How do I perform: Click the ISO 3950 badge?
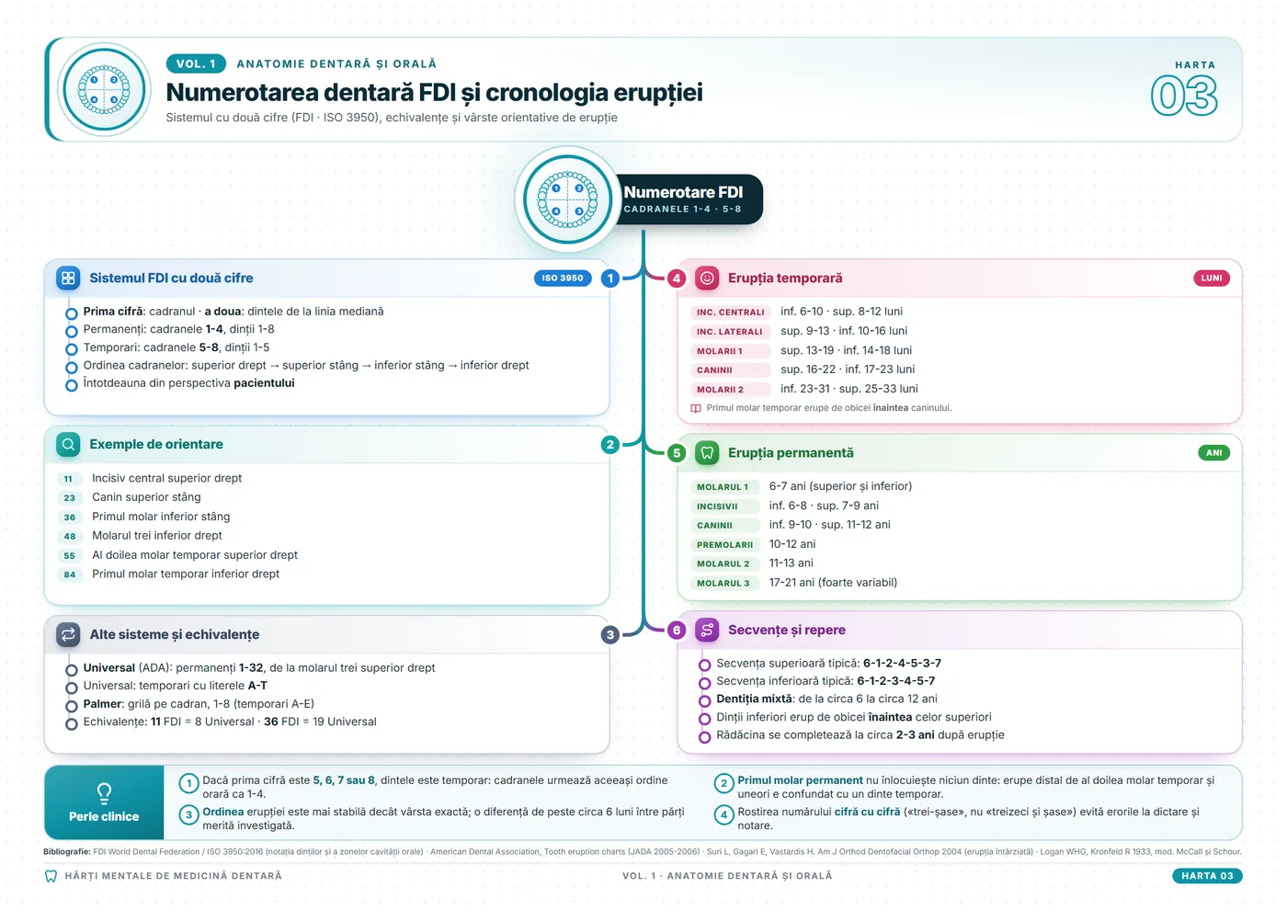[x=563, y=278]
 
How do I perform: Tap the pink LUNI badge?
[x=1212, y=278]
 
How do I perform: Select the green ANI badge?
[x=1213, y=452]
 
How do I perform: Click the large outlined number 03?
[x=1184, y=96]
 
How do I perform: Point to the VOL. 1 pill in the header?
[x=196, y=63]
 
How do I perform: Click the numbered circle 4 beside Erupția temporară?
[x=677, y=279]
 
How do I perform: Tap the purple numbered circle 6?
[x=677, y=631]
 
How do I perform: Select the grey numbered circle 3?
[x=610, y=635]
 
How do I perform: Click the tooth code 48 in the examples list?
[x=70, y=536]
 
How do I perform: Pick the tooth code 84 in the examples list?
[x=70, y=574]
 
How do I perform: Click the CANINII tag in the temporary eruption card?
[x=714, y=370]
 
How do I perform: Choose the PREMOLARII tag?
[x=724, y=544]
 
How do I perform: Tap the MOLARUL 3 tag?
[x=723, y=583]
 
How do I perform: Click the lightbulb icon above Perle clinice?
[x=104, y=793]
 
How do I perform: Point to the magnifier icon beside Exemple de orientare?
[x=68, y=445]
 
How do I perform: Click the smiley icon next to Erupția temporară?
[x=707, y=278]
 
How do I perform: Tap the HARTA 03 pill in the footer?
[x=1207, y=875]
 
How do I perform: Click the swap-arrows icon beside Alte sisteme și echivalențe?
[x=68, y=635]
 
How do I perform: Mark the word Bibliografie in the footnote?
[x=66, y=851]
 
